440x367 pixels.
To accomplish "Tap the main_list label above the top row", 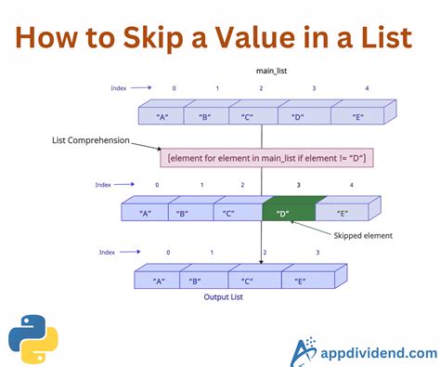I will [268, 71].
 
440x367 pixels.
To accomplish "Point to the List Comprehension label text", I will [91, 141].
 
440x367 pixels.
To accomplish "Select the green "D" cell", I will [283, 212].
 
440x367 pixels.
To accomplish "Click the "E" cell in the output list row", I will [302, 281].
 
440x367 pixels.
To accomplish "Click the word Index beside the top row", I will [117, 88].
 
